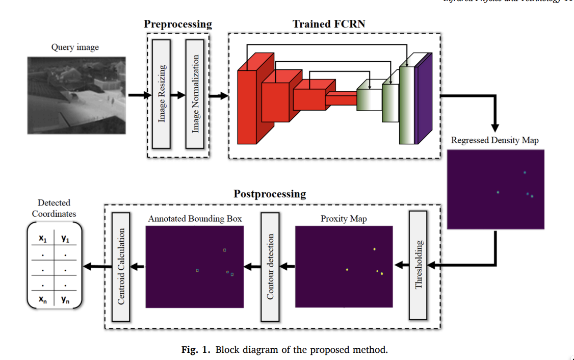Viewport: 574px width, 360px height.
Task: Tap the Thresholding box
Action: click(x=418, y=266)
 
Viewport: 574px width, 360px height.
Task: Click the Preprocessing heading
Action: click(x=177, y=24)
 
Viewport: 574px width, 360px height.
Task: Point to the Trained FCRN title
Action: click(x=329, y=24)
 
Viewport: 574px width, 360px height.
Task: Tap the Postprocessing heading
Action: click(x=270, y=194)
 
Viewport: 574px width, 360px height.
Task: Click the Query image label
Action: click(x=75, y=47)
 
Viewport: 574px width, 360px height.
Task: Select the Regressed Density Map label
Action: click(x=494, y=140)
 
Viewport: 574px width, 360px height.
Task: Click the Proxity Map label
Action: click(x=344, y=219)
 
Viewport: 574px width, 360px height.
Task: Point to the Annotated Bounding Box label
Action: click(x=195, y=219)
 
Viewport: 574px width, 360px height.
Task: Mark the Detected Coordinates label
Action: click(x=54, y=208)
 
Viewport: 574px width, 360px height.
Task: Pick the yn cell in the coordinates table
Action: click(x=65, y=300)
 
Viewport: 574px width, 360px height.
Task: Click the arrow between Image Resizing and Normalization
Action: click(x=177, y=95)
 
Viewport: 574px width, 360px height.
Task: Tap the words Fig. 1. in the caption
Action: click(x=196, y=350)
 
